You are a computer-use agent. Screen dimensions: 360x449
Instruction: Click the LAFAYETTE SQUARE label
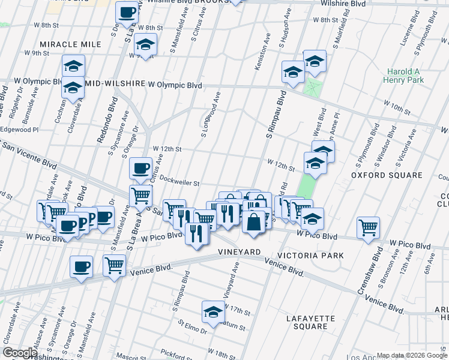pos(307,322)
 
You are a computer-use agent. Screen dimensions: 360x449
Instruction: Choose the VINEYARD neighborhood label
pos(238,251)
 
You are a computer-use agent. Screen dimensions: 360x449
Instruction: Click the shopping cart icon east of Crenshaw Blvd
pos(368,227)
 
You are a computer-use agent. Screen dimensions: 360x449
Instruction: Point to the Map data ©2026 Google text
pos(411,355)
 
